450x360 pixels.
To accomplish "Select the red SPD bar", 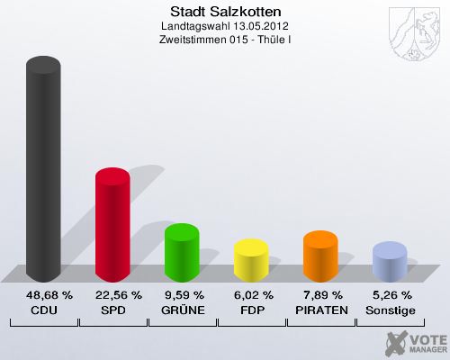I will point(112,225).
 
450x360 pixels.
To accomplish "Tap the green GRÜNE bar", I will point(182,253).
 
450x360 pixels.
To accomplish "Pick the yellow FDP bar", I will point(251,260).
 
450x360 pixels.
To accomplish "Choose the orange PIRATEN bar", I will point(320,256).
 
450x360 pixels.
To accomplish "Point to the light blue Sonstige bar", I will point(390,262).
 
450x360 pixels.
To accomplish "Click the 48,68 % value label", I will point(43,295).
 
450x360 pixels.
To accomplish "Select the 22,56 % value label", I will point(112,295).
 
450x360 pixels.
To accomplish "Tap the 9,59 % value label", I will point(182,295).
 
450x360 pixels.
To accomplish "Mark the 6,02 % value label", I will point(251,295).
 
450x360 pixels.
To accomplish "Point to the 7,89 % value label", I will point(320,295).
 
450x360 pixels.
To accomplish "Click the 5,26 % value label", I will point(391,295).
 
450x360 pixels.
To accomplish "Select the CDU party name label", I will point(43,310).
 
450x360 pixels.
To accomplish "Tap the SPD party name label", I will point(112,310).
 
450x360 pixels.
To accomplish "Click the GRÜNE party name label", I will point(182,310).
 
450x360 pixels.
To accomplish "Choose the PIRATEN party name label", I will point(320,310).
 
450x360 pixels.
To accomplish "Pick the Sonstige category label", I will point(391,310).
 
